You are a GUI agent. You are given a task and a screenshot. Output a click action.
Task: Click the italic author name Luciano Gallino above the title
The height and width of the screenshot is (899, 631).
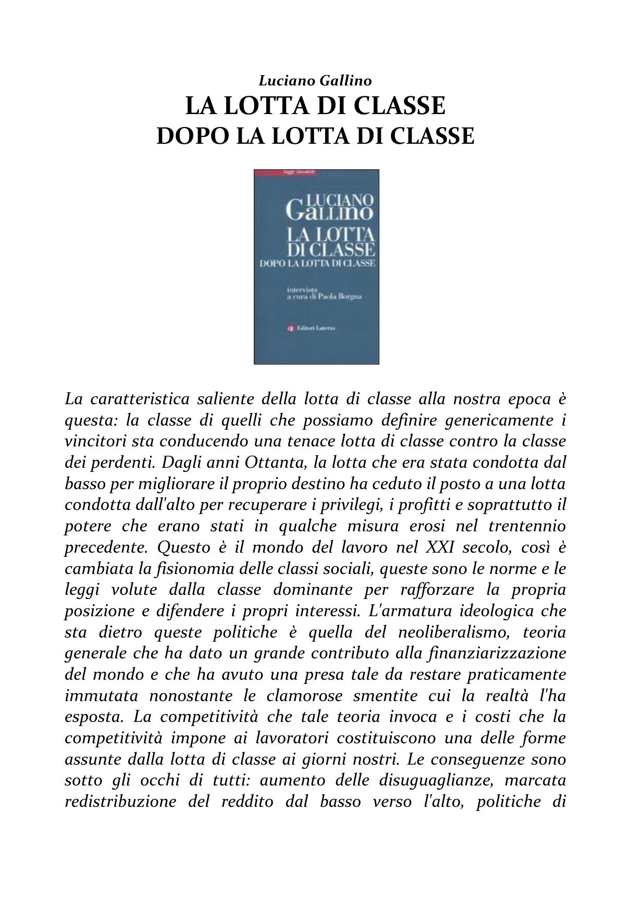[315, 81]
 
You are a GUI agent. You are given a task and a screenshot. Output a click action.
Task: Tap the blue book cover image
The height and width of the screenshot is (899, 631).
[316, 267]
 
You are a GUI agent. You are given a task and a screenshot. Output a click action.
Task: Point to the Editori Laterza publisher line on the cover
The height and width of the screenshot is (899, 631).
[316, 328]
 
